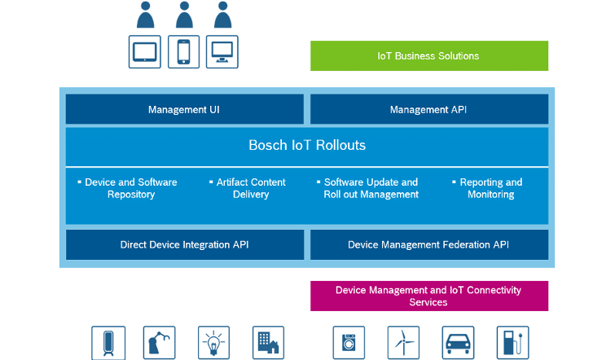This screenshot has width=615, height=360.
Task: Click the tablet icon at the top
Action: point(145,51)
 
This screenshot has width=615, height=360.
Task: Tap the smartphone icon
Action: point(183,51)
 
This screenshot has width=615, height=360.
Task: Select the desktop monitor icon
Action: point(222,51)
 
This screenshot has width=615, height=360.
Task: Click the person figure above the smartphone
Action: point(184,15)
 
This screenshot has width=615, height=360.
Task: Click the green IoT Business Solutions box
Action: point(428,56)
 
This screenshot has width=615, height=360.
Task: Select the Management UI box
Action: point(184,109)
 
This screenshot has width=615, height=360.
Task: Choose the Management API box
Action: point(428,109)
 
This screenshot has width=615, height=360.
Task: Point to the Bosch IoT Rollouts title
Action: point(307,146)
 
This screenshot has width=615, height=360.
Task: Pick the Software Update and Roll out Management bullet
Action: point(371,188)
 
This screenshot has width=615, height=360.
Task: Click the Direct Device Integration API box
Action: point(184,244)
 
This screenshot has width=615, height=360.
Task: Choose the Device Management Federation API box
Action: point(428,244)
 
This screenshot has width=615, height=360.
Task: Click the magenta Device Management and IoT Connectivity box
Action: point(428,296)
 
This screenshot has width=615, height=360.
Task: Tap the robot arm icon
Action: point(159,342)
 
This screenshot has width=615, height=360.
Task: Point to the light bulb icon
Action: point(214,342)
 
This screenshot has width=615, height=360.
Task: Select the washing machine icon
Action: point(349,342)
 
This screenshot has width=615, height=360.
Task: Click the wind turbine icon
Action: point(403,342)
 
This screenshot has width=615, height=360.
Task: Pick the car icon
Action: point(458,342)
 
